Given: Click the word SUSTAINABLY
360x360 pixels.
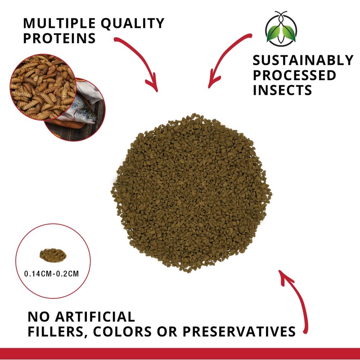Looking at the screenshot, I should point(303,60).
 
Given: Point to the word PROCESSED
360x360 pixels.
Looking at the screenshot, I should point(294,75).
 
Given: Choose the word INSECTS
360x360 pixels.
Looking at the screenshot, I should point(282,90).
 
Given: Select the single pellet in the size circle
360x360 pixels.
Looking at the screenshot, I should point(53,256).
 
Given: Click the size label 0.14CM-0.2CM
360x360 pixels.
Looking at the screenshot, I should point(53,273).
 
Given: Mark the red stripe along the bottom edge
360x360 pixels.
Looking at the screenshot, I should point(180,354).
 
